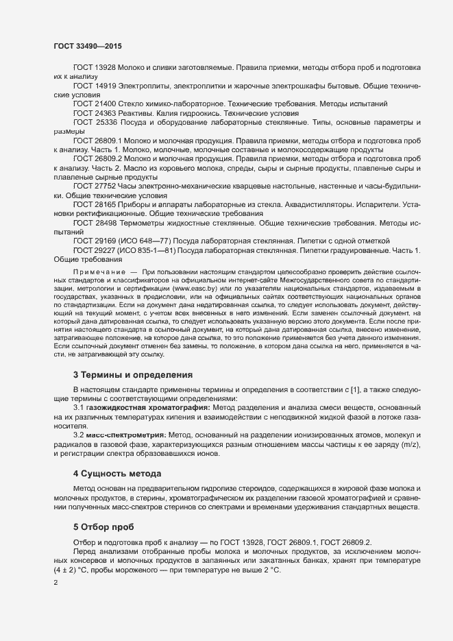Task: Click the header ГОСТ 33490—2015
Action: pyautogui.click(x=88, y=46)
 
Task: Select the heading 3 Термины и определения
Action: pyautogui.click(x=133, y=375)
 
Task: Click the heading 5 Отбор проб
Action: pyautogui.click(x=104, y=526)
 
